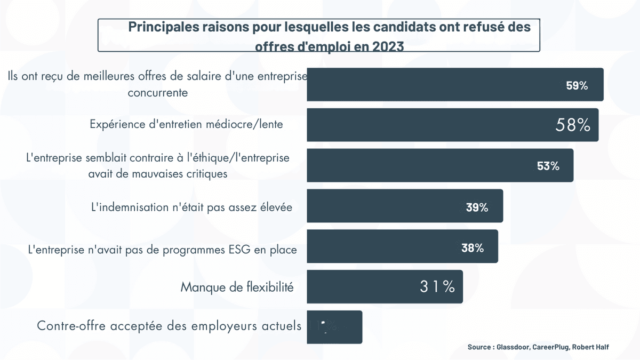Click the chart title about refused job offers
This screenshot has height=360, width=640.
[x=319, y=35]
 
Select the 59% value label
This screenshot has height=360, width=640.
[x=577, y=85]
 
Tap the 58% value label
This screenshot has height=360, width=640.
[x=573, y=125]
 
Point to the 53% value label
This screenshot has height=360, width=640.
[x=548, y=166]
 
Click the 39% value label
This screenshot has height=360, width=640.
[x=477, y=207]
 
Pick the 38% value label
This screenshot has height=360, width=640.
[x=472, y=248]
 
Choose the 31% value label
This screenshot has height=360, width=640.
[x=437, y=287]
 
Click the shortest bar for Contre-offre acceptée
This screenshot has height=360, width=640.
[x=334, y=327]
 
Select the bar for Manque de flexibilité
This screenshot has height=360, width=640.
[x=384, y=287]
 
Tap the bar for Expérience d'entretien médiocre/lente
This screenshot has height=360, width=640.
[x=427, y=125]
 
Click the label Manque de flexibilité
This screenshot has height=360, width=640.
[x=237, y=287]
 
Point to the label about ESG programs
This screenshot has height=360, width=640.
[x=162, y=249]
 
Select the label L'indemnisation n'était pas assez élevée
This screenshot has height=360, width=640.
[x=192, y=207]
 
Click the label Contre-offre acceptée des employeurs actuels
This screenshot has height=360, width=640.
[x=169, y=326]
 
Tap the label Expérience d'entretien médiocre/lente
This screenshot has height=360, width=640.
[x=186, y=125]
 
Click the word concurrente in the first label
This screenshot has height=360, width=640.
[x=158, y=92]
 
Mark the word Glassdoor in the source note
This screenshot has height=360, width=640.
[x=510, y=347]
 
